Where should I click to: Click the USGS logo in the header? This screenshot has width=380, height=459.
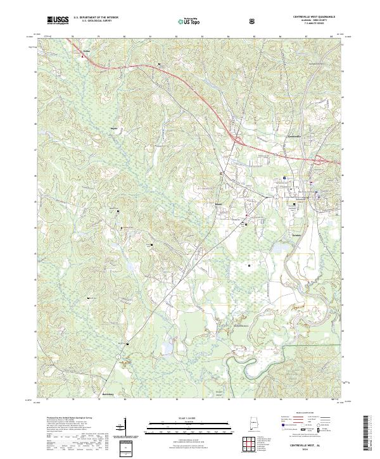[x=58, y=20]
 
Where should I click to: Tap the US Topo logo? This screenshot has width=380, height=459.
[x=187, y=20]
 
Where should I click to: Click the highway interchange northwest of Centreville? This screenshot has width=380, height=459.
[x=238, y=139]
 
